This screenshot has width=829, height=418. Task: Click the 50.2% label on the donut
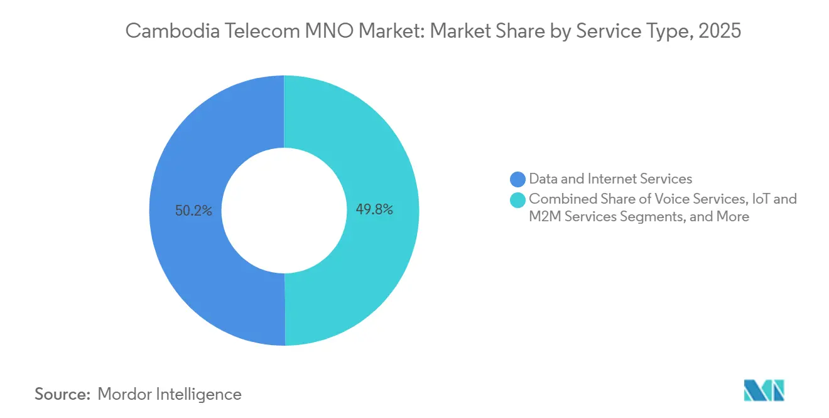tap(193, 211)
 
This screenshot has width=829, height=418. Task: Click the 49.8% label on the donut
tap(374, 210)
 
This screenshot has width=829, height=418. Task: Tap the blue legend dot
tap(518, 180)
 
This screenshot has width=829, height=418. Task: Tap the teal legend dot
tap(518, 200)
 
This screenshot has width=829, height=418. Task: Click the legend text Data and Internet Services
tap(610, 180)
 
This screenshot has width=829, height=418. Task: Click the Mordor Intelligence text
tap(170, 394)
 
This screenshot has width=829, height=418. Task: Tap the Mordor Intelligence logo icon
tap(764, 390)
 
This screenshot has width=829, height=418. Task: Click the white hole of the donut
tap(284, 211)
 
